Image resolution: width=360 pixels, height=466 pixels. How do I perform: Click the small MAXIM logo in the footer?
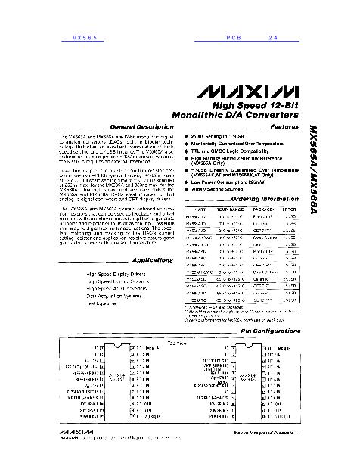coord(68,455)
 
